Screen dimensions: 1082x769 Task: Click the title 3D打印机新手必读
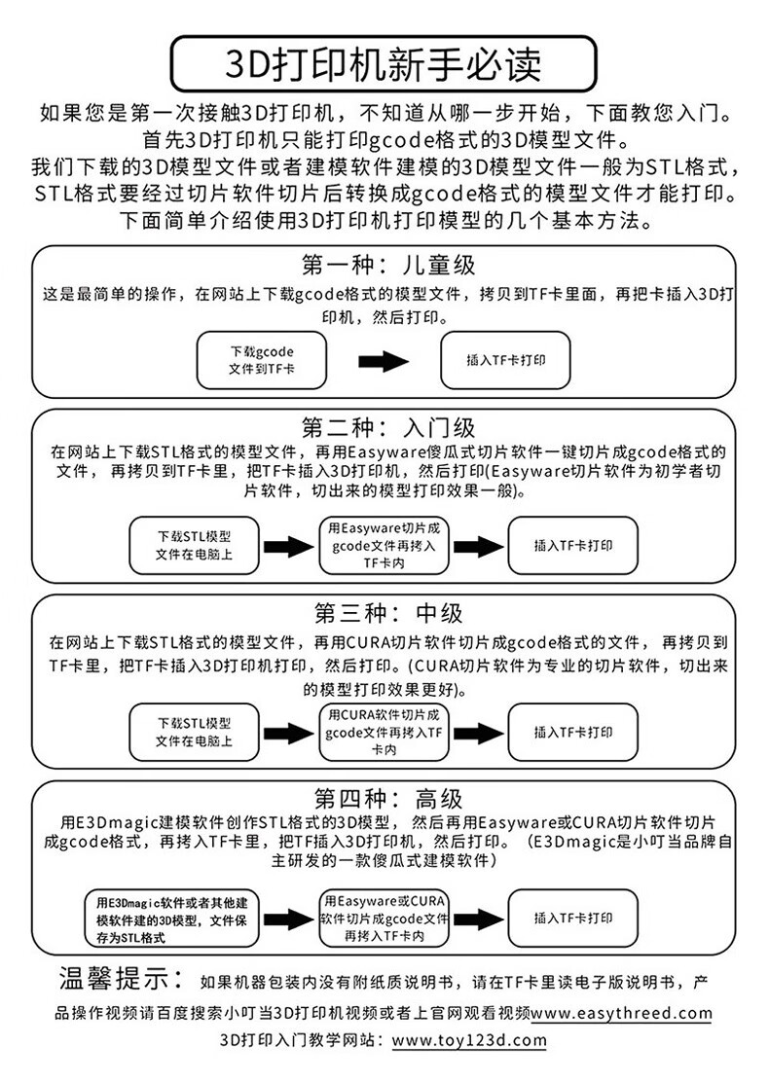pyautogui.click(x=384, y=64)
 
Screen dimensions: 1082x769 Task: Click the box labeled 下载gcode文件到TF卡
pyautogui.click(x=261, y=360)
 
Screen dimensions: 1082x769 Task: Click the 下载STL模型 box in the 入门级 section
pyautogui.click(x=194, y=546)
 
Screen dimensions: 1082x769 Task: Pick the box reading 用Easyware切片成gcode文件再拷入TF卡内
pyautogui.click(x=383, y=546)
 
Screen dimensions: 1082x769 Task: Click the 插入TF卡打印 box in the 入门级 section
pyautogui.click(x=573, y=546)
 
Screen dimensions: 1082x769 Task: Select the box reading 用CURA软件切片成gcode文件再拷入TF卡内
pyautogui.click(x=383, y=733)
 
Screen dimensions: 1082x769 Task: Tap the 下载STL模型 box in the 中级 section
pyautogui.click(x=194, y=733)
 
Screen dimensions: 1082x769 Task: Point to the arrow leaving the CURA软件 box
pyautogui.click(x=479, y=733)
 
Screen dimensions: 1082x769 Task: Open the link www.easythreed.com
pyautogui.click(x=621, y=1013)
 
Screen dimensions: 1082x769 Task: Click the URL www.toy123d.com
pyautogui.click(x=468, y=1040)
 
